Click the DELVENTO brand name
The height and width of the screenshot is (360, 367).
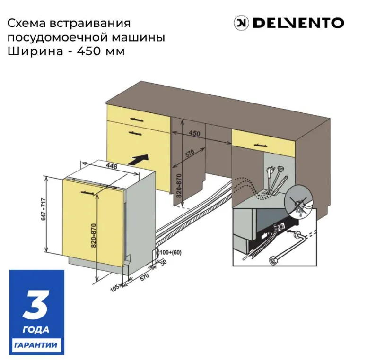(x=298, y=23)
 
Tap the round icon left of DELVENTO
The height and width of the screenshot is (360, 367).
(x=242, y=23)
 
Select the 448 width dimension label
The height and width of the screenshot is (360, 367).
(x=112, y=166)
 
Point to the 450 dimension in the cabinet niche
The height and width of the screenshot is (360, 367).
(x=194, y=134)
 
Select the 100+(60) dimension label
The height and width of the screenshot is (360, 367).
(x=171, y=253)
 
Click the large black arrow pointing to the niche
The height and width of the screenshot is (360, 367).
(x=141, y=160)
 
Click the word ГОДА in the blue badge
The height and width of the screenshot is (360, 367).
(x=36, y=329)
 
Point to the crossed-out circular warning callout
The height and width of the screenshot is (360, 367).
(x=299, y=204)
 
